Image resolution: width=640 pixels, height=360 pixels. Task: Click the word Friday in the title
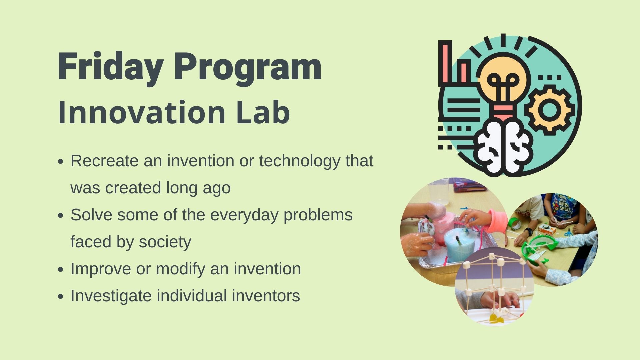pyautogui.click(x=110, y=67)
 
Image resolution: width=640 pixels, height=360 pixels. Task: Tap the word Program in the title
pyautogui.click(x=248, y=68)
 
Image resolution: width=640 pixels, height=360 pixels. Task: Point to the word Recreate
pyautogui.click(x=105, y=161)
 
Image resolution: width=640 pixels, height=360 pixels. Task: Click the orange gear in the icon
pyautogui.click(x=550, y=110)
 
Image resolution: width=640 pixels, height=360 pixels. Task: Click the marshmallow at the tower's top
pyautogui.click(x=491, y=256)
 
